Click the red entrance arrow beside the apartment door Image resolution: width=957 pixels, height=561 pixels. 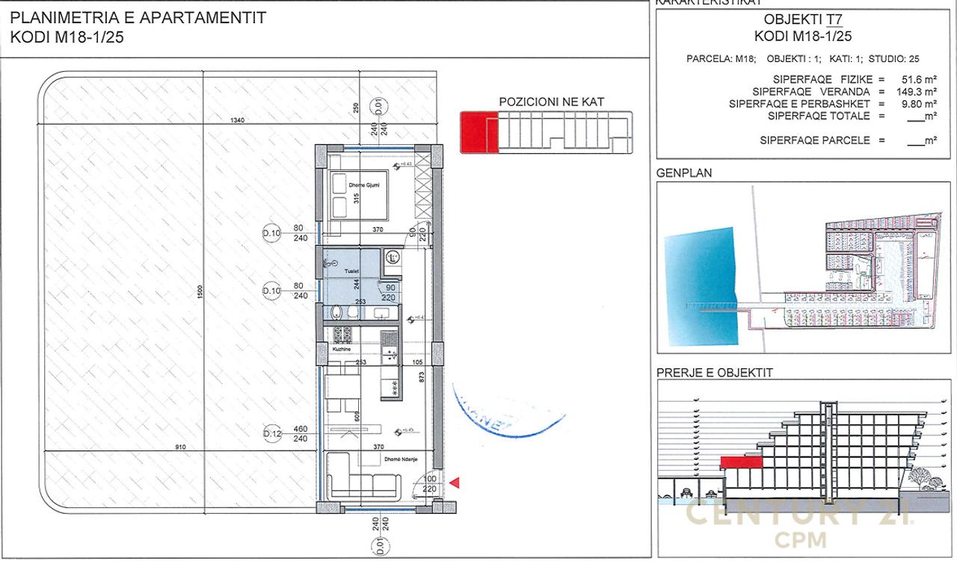coord(454,484)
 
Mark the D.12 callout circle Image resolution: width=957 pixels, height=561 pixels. coord(271,434)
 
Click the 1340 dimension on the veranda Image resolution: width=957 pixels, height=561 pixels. coord(237,120)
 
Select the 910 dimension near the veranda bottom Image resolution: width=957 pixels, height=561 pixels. coord(180,447)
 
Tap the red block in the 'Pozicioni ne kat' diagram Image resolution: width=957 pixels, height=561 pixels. coord(478,132)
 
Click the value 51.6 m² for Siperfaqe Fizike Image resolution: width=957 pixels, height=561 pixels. coord(919,79)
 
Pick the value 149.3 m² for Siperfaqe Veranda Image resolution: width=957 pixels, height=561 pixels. coord(917,92)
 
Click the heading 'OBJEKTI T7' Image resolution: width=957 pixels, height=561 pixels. coord(803,20)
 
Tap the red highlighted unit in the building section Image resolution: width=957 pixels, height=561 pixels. coord(741,462)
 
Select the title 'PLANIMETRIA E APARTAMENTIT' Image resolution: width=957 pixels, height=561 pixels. coord(138,19)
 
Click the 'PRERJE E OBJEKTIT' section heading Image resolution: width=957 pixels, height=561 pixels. coord(714,373)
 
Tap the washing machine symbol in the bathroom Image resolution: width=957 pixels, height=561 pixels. coord(393,258)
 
